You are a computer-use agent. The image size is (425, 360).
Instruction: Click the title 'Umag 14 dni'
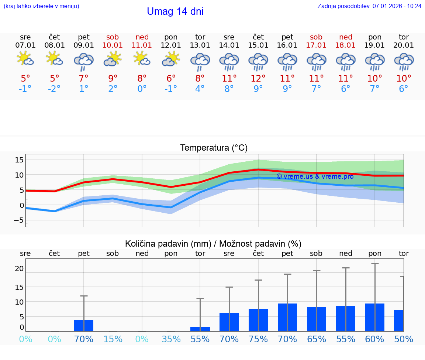pyautogui.click(x=175, y=11)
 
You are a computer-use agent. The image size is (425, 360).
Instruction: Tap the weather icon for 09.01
pyautogui.click(x=84, y=61)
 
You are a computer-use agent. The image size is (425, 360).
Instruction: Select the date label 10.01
pyautogui.click(x=113, y=45)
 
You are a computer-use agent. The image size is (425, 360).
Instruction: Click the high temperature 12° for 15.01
pyautogui.click(x=258, y=78)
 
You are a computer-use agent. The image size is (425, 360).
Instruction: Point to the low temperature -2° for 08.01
pyautogui.click(x=54, y=89)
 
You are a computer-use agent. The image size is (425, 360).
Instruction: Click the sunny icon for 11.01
pyautogui.click(x=142, y=59)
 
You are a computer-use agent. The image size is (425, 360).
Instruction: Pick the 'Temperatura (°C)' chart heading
pyautogui.click(x=214, y=148)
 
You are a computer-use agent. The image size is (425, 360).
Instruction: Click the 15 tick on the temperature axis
pyautogui.click(x=19, y=160)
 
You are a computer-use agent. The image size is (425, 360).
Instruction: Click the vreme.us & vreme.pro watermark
pyautogui.click(x=315, y=176)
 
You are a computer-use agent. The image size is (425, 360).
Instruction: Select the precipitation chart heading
pyautogui.click(x=213, y=244)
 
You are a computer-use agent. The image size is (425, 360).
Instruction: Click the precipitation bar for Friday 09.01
pyautogui.click(x=84, y=325)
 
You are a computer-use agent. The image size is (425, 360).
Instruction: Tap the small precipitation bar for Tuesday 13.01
pyautogui.click(x=200, y=329)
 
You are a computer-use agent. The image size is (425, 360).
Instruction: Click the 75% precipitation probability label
pyautogui.click(x=258, y=339)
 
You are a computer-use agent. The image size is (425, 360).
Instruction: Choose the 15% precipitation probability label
pyautogui.click(x=113, y=339)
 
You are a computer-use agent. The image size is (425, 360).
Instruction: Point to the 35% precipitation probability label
pyautogui.click(x=171, y=339)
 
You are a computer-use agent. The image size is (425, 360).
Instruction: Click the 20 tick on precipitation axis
pyautogui.click(x=19, y=268)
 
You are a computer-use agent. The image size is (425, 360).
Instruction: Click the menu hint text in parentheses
pyautogui.click(x=41, y=6)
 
